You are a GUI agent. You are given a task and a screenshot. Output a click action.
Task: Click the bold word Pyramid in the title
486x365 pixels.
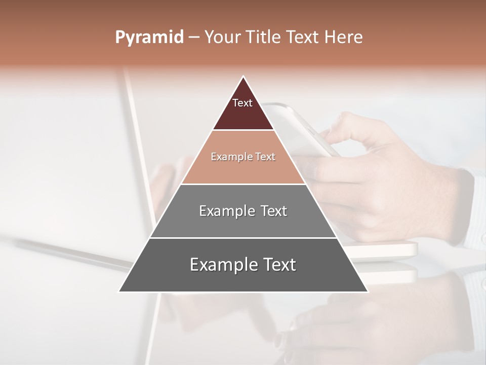coord(149,38)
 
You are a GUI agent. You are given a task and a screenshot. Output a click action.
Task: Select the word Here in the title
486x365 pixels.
coord(344,38)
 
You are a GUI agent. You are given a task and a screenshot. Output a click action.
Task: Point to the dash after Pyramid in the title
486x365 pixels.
coord(194,38)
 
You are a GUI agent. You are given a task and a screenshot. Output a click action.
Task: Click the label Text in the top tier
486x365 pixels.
coord(242,103)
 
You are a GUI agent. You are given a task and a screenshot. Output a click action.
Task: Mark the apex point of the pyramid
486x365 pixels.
coord(244,77)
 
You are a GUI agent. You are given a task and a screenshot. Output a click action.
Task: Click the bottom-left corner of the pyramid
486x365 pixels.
coord(119,291)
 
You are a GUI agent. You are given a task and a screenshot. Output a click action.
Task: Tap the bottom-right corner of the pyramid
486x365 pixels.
coord(368,291)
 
